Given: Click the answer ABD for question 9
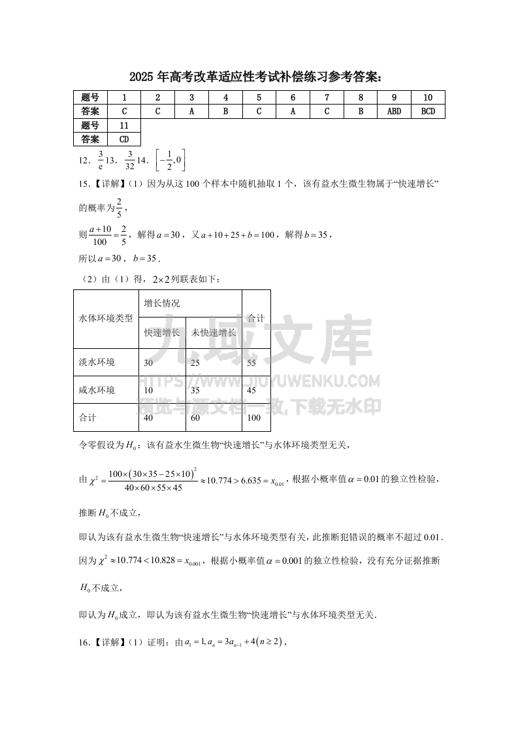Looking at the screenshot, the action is (x=394, y=111).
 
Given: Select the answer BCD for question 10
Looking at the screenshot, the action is (x=428, y=111).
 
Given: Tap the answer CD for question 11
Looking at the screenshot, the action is (x=124, y=139).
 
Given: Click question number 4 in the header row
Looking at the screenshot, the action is (x=225, y=97).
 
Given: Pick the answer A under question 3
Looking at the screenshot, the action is (x=191, y=111).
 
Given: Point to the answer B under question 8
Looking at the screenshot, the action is (x=361, y=111).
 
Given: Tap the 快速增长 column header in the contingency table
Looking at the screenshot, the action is (x=162, y=333).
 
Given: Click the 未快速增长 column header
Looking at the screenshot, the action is (x=214, y=333).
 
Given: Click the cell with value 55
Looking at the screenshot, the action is (x=251, y=362).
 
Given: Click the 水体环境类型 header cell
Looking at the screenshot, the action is (x=106, y=318).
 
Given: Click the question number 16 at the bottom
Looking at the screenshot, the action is (x=83, y=642).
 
